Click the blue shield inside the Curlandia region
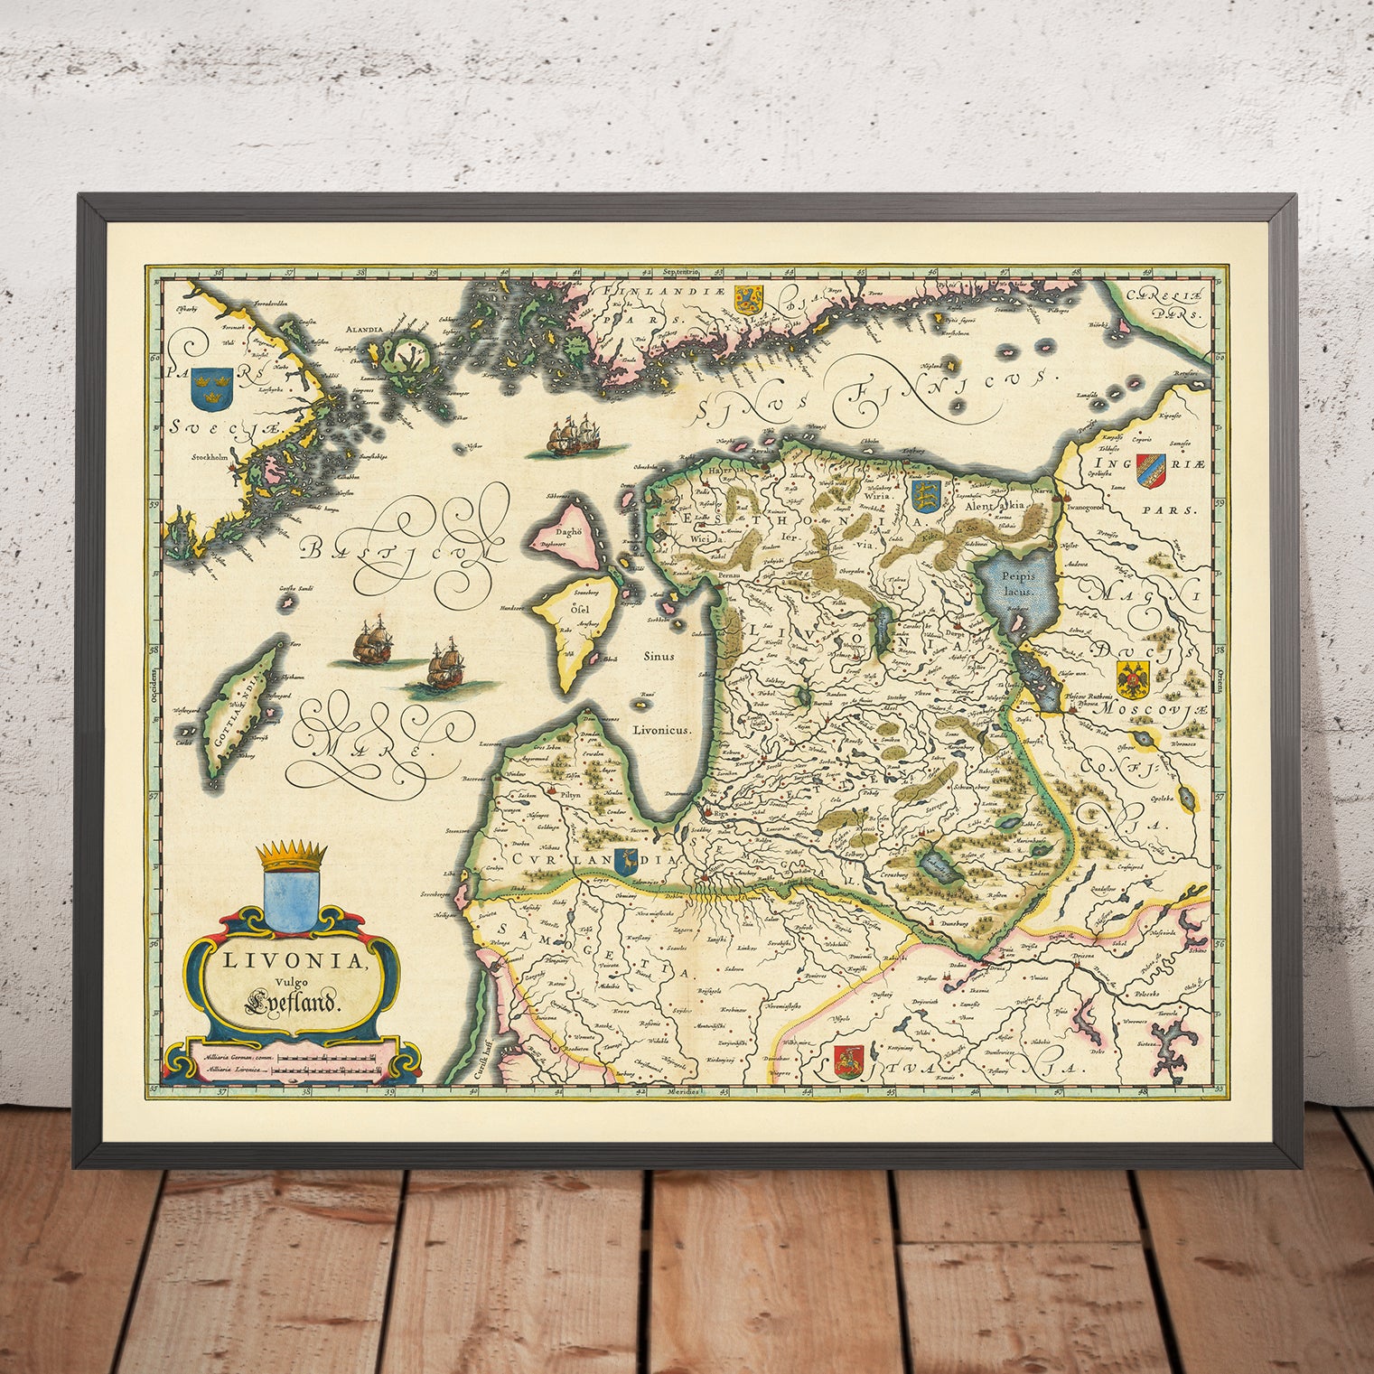pos(622,863)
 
